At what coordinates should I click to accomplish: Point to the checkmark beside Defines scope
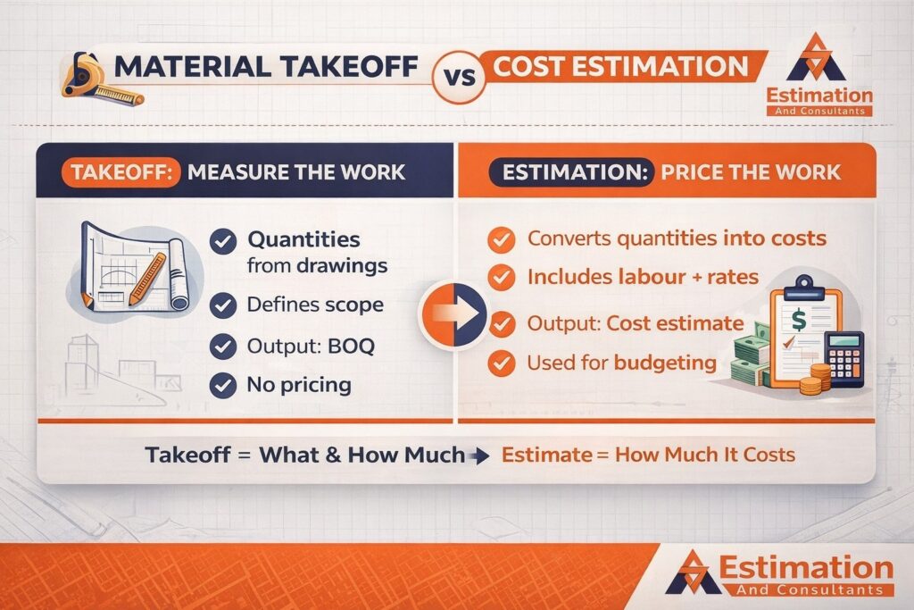click(x=221, y=305)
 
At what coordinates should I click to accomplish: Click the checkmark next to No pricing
click(x=221, y=386)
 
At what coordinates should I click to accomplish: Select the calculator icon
click(x=844, y=356)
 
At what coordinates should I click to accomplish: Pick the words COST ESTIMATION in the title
click(x=621, y=67)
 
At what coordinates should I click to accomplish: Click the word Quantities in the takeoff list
click(x=303, y=239)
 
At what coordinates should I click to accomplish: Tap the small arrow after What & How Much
click(x=478, y=456)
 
